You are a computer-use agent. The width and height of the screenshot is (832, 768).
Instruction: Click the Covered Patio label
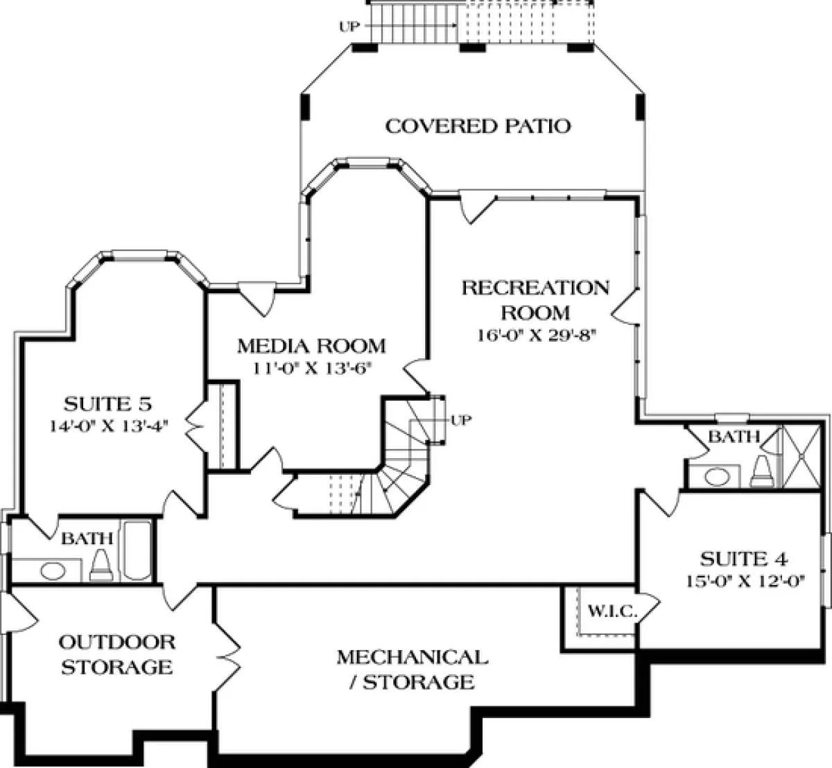(478, 126)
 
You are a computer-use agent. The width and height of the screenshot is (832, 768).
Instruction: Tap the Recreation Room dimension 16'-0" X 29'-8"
(537, 335)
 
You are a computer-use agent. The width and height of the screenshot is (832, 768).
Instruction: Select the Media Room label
(311, 346)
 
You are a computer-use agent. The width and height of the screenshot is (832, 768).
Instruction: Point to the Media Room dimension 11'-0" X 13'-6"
(312, 368)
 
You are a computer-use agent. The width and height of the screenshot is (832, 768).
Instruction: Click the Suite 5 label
(107, 404)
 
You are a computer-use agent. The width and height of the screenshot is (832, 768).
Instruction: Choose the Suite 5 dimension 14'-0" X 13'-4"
(109, 426)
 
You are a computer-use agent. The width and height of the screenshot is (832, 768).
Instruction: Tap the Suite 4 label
(744, 559)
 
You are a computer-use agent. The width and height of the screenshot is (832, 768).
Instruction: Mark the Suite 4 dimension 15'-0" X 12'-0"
(745, 581)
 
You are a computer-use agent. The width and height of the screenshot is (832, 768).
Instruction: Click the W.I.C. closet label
(612, 611)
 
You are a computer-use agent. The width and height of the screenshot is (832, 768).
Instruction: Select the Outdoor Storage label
(117, 654)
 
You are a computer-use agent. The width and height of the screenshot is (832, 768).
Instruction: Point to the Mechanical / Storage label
(413, 670)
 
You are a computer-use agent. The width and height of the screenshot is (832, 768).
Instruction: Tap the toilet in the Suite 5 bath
(101, 565)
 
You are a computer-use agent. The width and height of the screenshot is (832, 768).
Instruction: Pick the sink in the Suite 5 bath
(53, 570)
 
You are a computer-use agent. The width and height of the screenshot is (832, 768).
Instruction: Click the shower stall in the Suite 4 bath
(801, 456)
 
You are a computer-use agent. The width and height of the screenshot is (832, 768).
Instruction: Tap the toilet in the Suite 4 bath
(761, 471)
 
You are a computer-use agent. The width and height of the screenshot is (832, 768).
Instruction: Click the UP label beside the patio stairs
(349, 27)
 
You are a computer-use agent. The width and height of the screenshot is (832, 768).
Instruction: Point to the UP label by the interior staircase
(461, 420)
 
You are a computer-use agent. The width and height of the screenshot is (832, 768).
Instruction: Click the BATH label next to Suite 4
(734, 437)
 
